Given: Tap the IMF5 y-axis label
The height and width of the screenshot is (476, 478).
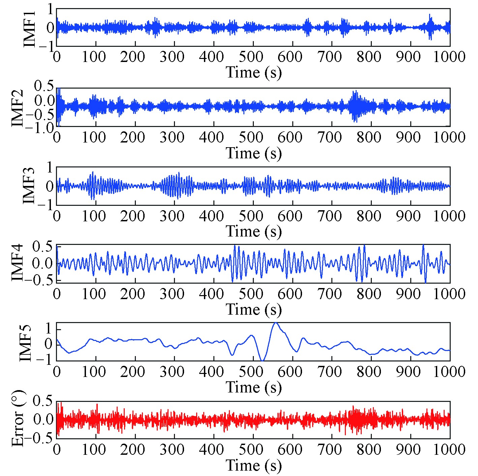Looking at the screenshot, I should (26, 343).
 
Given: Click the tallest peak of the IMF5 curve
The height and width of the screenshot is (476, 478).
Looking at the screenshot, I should (276, 323).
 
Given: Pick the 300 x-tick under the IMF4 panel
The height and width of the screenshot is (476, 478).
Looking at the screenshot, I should (172, 294).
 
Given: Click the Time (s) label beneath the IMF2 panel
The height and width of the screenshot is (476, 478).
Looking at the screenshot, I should (253, 153).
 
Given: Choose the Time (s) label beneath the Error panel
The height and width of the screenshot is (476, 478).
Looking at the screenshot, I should (253, 466).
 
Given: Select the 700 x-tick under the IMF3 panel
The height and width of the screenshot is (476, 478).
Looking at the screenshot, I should (330, 216).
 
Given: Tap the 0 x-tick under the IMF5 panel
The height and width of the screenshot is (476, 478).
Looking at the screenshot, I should (57, 372).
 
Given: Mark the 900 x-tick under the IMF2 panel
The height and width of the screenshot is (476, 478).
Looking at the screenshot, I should (409, 137).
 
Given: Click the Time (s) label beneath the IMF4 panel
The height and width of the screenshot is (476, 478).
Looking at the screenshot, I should (253, 309).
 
